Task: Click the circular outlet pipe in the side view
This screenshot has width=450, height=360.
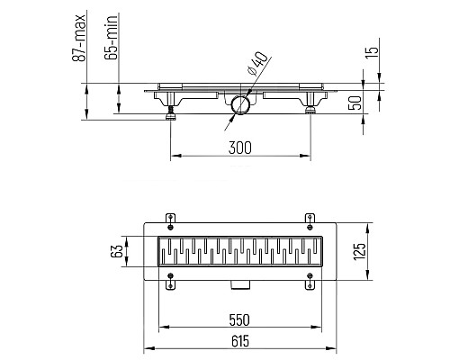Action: click(239, 107)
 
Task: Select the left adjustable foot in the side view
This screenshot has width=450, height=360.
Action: click(169, 112)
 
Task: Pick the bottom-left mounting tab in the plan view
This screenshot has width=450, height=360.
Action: click(170, 285)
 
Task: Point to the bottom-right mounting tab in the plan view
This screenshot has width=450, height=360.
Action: click(310, 285)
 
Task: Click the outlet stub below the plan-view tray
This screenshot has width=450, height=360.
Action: click(239, 284)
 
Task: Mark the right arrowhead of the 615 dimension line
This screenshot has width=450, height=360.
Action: click(335, 349)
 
